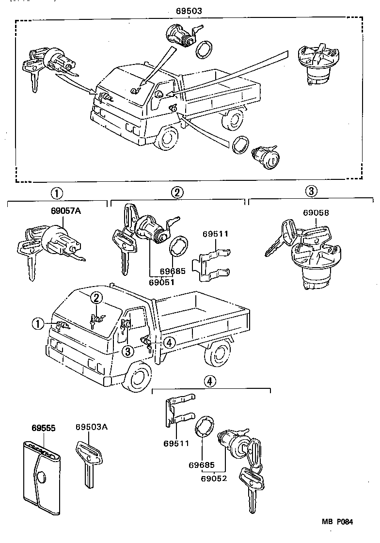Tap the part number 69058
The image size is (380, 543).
[316, 212]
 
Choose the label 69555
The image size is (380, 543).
[44, 428]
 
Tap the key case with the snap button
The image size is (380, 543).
[43, 475]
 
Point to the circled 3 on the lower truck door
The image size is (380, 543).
[127, 351]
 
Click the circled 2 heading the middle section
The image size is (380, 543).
[177, 193]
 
